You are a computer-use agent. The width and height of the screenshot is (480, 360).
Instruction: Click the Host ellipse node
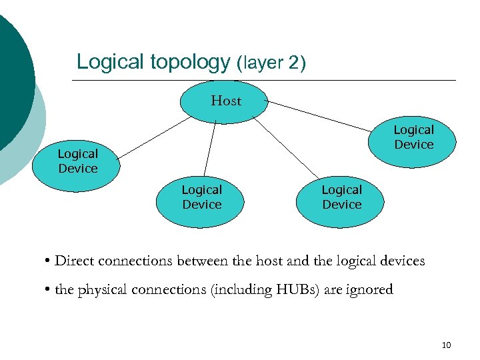[225, 101]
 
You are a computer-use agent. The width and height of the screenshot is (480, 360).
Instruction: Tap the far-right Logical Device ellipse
[413, 137]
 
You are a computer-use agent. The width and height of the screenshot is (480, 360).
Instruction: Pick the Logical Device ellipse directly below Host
[201, 197]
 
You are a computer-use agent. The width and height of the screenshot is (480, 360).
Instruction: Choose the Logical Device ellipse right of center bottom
[341, 197]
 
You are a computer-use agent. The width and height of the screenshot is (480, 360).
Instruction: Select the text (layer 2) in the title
[271, 64]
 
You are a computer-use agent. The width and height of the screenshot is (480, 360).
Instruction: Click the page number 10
[446, 345]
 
